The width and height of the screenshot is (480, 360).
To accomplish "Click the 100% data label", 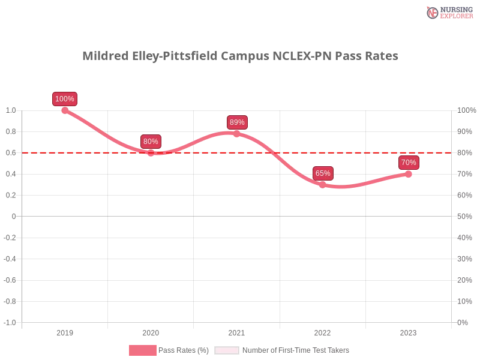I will point(64,99).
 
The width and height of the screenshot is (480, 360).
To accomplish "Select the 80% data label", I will point(151,142).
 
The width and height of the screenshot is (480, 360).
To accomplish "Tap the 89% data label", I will point(237,122).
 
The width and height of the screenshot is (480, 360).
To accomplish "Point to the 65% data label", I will point(323,173).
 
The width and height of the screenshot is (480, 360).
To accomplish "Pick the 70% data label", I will point(409,163).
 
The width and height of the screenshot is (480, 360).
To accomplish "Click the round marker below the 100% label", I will point(65,110).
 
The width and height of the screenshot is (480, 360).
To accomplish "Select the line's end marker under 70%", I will point(409,174).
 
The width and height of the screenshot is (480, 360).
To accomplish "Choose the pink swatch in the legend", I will point(142,350).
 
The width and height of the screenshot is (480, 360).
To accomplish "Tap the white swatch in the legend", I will point(227,350).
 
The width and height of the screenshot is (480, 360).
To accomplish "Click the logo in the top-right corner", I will point(448,12).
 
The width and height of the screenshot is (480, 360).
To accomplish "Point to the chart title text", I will point(240,56).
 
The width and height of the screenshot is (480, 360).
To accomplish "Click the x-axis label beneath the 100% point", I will point(65,331).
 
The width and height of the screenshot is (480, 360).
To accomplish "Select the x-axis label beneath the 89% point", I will point(236,331).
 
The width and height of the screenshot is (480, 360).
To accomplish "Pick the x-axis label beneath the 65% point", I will point(322,331).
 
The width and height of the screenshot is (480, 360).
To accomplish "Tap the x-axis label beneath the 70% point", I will point(409,331).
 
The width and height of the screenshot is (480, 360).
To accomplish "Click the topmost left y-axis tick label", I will point(13,110).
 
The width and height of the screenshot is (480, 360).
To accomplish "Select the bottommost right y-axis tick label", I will point(463,322).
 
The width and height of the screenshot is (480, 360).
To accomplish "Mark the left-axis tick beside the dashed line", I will point(13,153).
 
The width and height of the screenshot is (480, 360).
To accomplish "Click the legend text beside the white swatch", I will point(295,350).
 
